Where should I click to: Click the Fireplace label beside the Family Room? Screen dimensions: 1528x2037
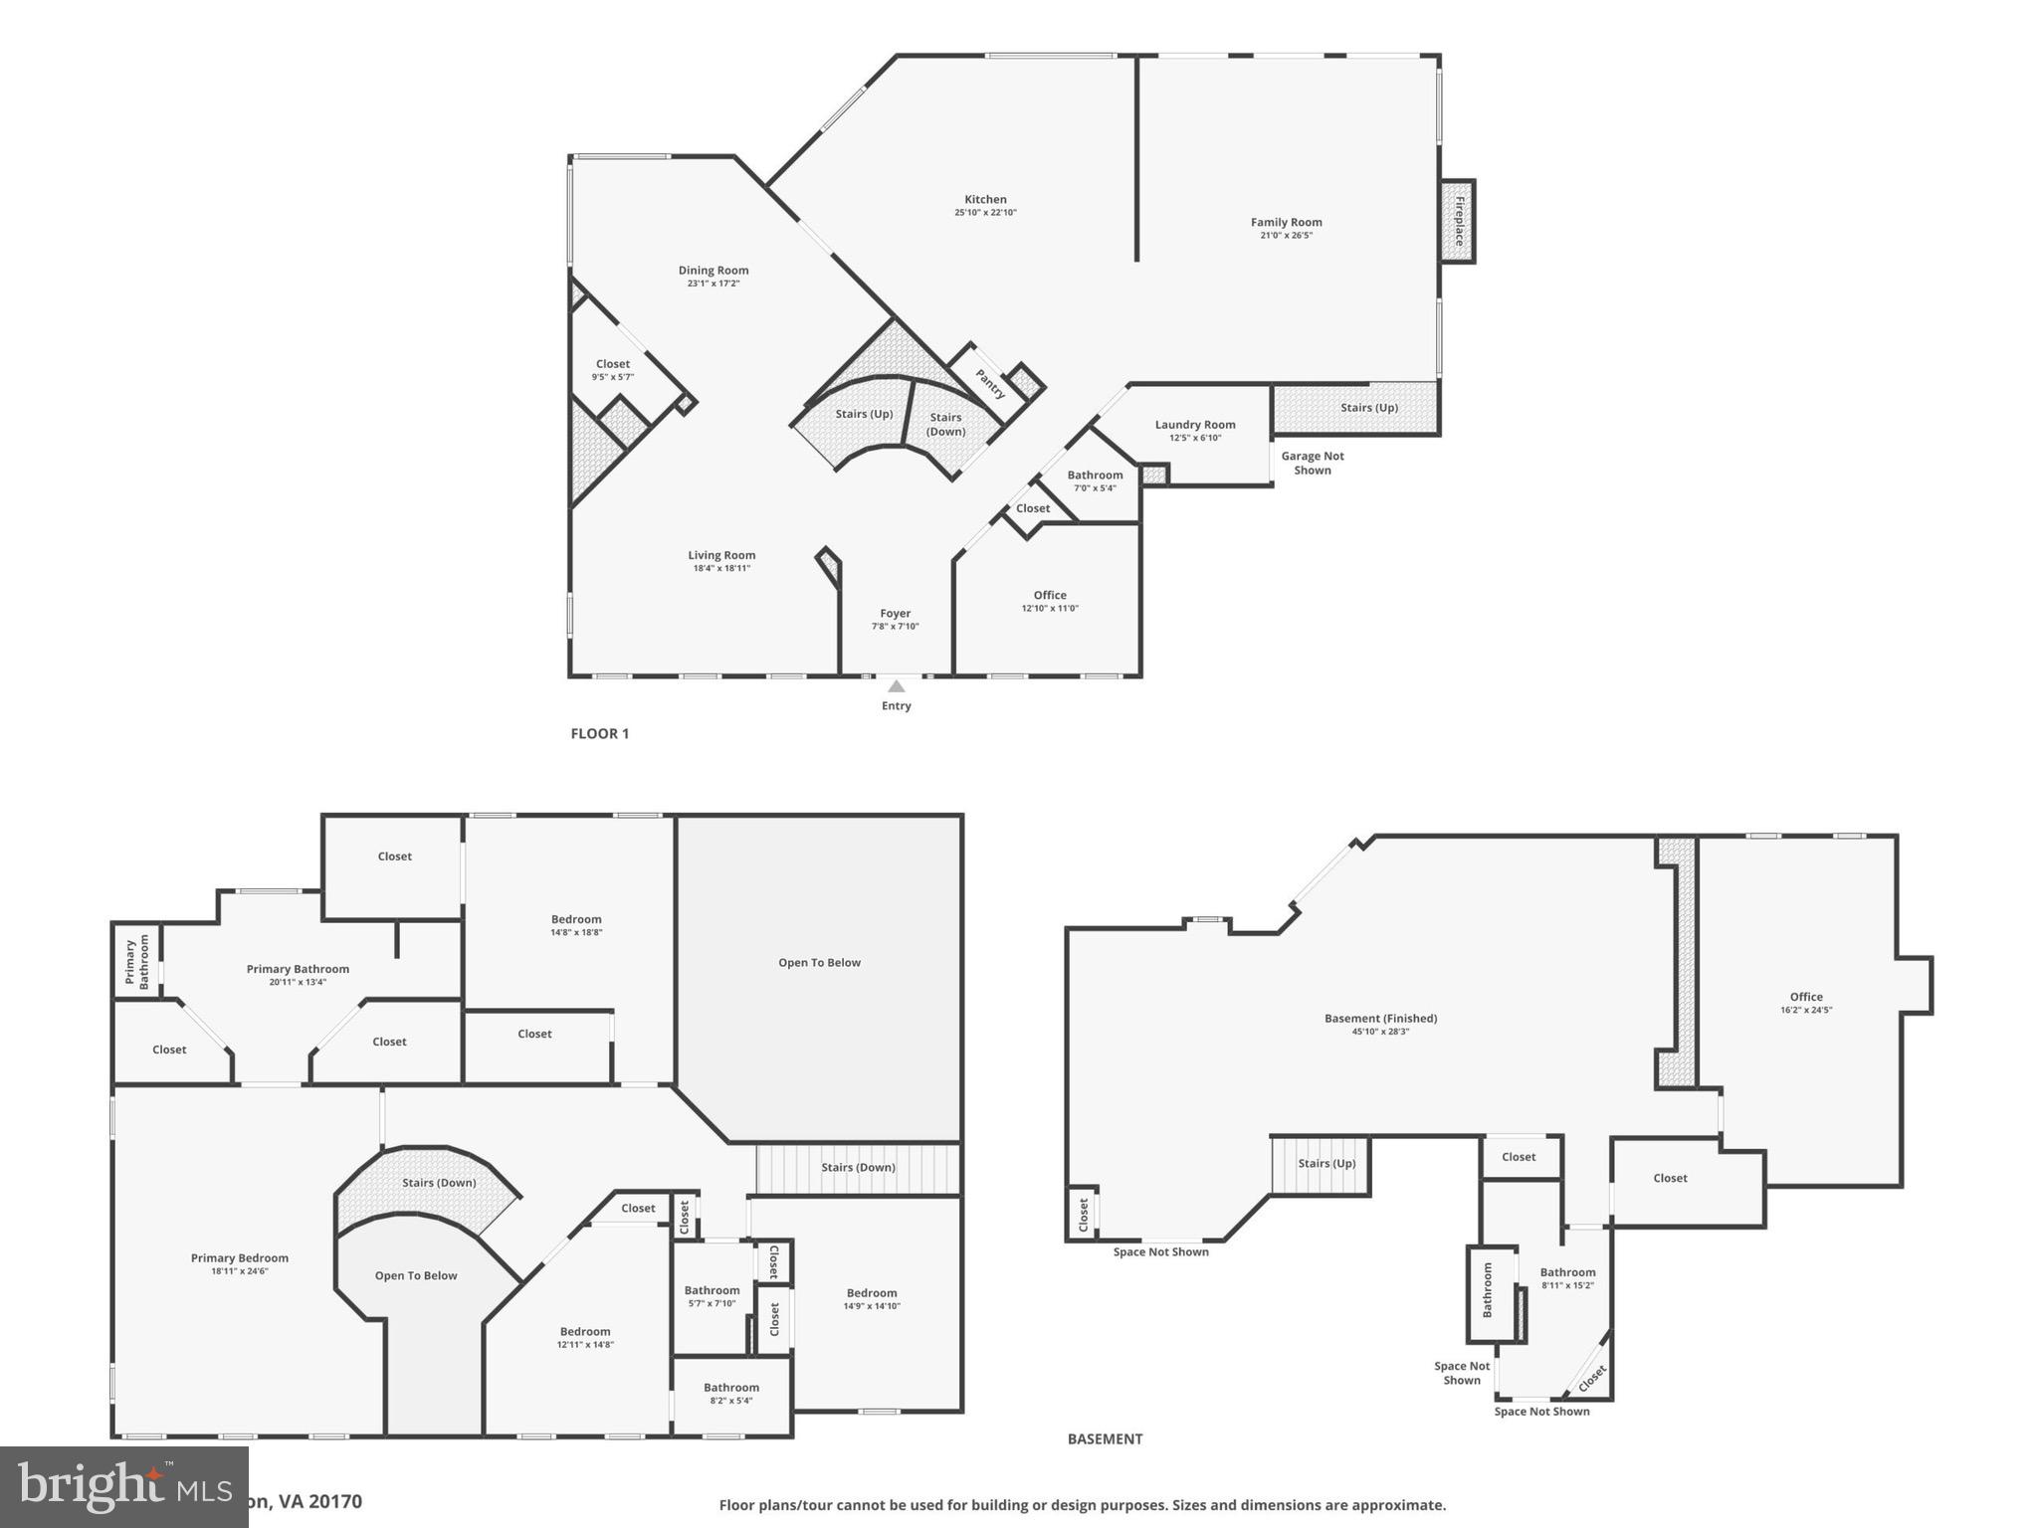(x=1459, y=221)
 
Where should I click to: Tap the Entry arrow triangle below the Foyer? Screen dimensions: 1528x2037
(x=896, y=685)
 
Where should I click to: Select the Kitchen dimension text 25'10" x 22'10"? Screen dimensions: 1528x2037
(x=985, y=212)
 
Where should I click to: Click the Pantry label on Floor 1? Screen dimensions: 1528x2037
(x=990, y=384)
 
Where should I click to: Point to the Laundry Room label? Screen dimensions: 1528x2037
(x=1194, y=424)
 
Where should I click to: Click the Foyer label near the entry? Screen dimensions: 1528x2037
(x=895, y=613)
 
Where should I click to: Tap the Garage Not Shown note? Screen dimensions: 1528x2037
(x=1312, y=463)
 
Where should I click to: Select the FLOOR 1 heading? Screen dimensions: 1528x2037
(x=599, y=733)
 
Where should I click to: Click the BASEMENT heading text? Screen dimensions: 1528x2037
(x=1105, y=1438)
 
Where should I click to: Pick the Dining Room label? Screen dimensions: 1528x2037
(x=713, y=270)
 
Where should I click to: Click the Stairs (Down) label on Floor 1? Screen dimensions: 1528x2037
(x=945, y=424)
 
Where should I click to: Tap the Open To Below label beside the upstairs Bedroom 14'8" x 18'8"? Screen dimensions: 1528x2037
(x=819, y=962)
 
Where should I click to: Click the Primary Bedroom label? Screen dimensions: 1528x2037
(x=239, y=1257)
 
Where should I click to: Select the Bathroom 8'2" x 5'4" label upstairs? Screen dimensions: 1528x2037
(x=730, y=1387)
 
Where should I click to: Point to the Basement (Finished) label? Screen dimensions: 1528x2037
(x=1380, y=1018)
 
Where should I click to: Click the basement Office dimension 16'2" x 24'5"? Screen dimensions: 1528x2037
(x=1805, y=1010)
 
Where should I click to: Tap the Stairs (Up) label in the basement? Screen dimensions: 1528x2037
(x=1325, y=1163)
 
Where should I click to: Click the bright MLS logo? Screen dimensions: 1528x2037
(x=123, y=1486)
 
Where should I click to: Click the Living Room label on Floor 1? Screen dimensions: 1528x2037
(x=721, y=555)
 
